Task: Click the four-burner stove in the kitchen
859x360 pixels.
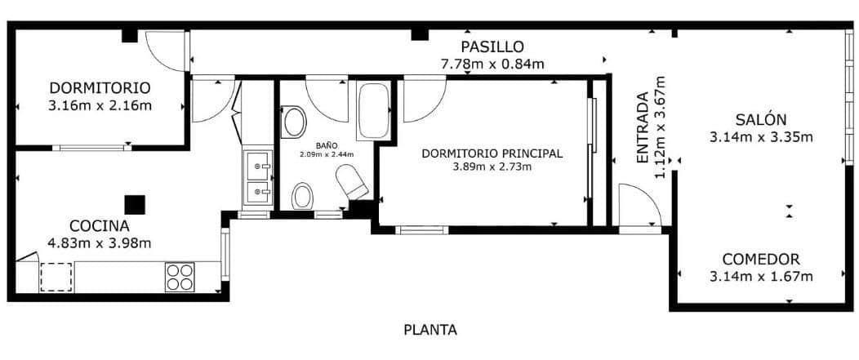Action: (180, 278)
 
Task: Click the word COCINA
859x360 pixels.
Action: (100, 225)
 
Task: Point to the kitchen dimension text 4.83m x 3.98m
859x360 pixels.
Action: (100, 242)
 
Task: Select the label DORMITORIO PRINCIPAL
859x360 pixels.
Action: (492, 153)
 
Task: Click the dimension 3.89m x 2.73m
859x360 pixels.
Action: (492, 167)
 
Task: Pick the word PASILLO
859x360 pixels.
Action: (492, 47)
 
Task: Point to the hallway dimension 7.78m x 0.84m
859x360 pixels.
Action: (492, 64)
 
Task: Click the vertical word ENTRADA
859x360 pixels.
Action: (643, 127)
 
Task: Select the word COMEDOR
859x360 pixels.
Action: (761, 259)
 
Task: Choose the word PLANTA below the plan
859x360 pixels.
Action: (430, 331)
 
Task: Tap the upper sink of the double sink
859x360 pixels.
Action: (258, 167)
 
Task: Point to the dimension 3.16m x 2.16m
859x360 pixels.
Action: (100, 105)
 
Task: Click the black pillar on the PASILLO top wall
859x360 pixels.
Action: (420, 34)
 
